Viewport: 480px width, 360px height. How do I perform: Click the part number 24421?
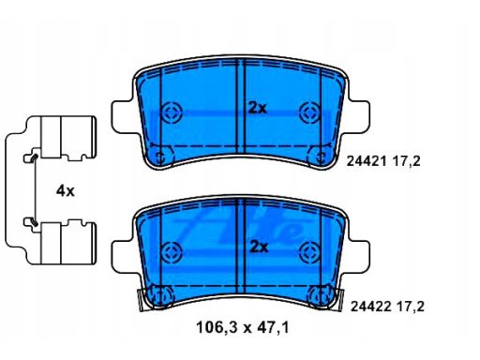pyautogui.click(x=366, y=161)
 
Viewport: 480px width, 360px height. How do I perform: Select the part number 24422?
pyautogui.click(x=370, y=307)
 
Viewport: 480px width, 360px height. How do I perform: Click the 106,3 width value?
pyautogui.click(x=217, y=327)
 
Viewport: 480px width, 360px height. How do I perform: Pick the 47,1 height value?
pyautogui.click(x=273, y=327)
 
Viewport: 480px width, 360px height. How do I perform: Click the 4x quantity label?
pyautogui.click(x=66, y=190)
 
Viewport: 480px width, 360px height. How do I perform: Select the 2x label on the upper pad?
pyautogui.click(x=257, y=108)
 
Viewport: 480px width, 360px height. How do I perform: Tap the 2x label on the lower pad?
pyautogui.click(x=259, y=247)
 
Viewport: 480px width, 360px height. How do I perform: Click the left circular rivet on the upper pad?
pyautogui.click(x=172, y=112)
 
